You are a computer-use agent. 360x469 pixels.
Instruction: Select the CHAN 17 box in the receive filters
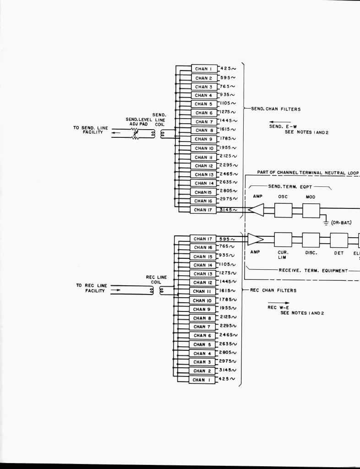click(202, 239)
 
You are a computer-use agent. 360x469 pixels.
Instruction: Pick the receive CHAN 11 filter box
click(202, 291)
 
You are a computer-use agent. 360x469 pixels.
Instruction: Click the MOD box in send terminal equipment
click(311, 210)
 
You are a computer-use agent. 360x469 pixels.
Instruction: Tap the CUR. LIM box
click(283, 240)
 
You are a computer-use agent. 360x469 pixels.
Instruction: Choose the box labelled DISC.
click(311, 240)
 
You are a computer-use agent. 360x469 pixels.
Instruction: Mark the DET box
click(339, 240)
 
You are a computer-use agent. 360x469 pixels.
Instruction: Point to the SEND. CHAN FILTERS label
click(275, 109)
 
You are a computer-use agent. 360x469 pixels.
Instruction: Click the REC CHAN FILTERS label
click(273, 290)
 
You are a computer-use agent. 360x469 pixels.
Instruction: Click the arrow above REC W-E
click(284, 303)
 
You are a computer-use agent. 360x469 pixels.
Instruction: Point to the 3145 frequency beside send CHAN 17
click(228, 210)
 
